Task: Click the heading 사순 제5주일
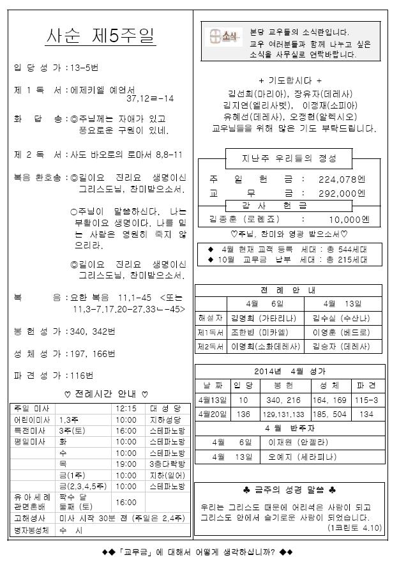coord(102,36)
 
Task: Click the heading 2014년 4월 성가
coord(290,370)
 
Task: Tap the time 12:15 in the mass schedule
coord(126,407)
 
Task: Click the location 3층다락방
coord(168,465)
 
